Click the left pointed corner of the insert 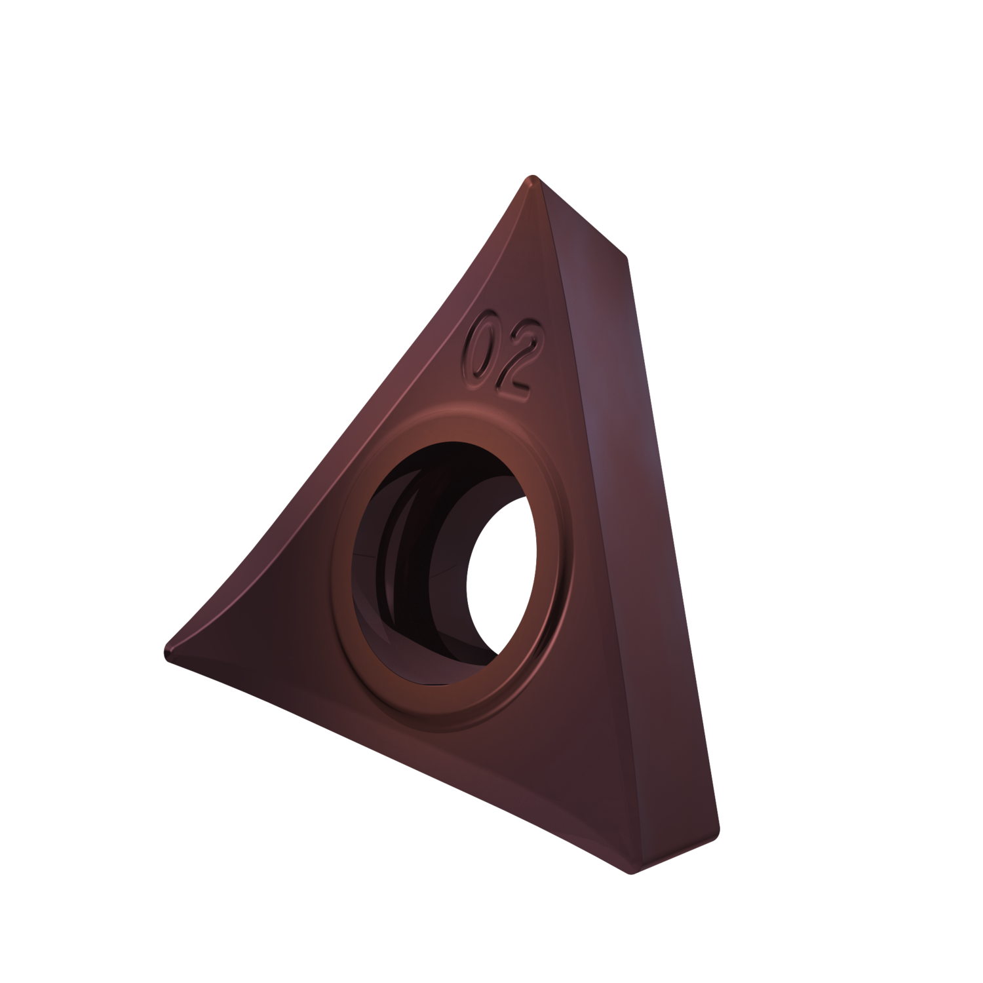click(168, 651)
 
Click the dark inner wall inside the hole click(400, 557)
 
